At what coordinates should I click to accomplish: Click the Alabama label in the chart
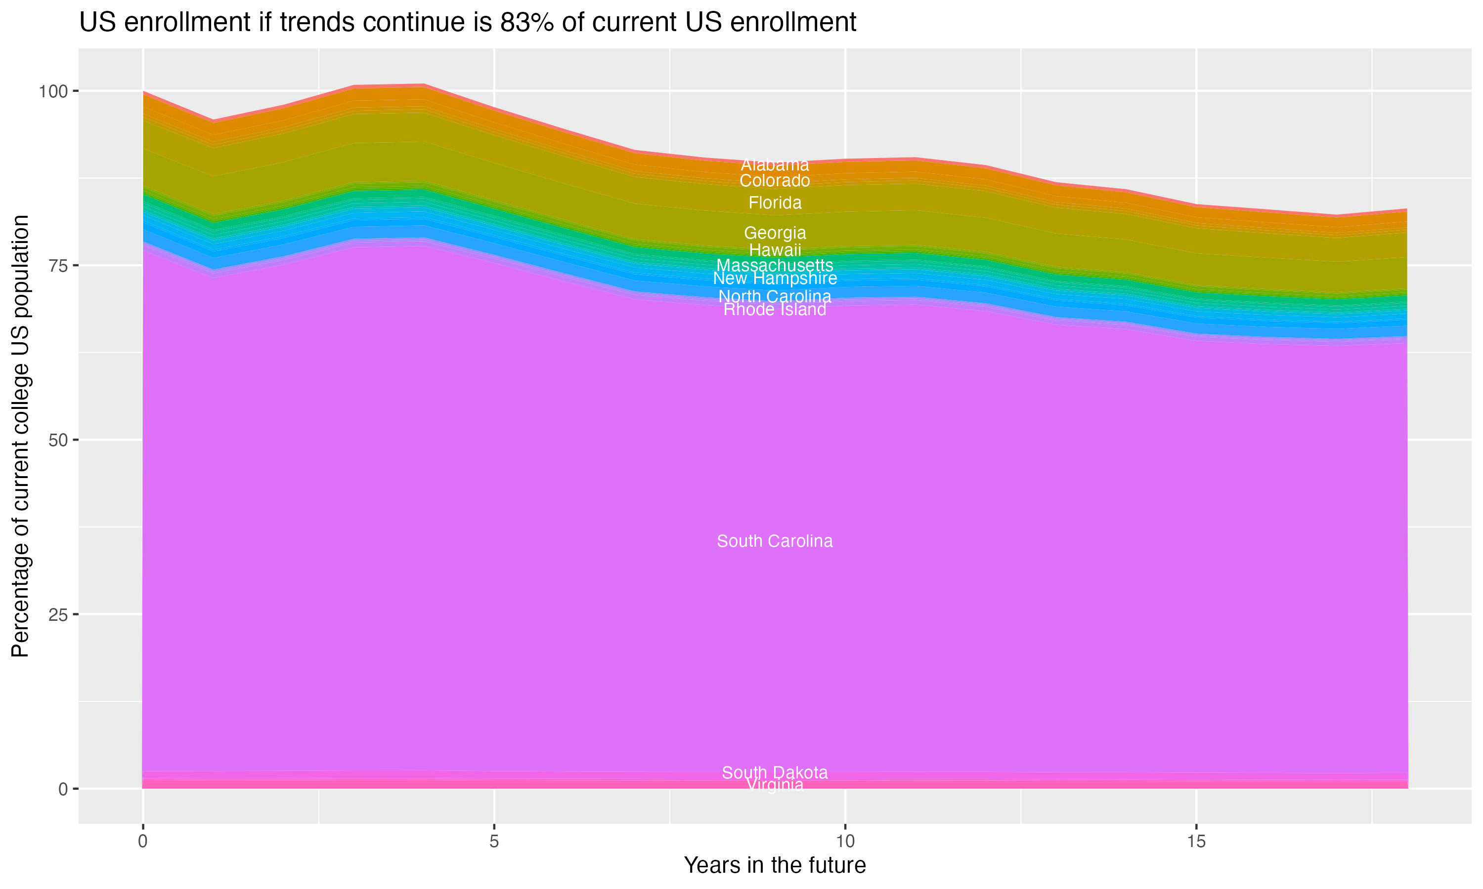[x=775, y=165]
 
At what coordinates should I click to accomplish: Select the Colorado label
[x=775, y=181]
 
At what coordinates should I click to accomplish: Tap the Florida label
[x=775, y=203]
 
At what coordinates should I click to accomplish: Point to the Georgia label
[x=775, y=233]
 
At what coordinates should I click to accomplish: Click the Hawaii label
[x=775, y=250]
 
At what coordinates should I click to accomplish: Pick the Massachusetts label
[x=775, y=265]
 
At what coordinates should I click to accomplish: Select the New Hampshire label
[x=775, y=279]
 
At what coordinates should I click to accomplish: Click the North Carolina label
[x=775, y=296]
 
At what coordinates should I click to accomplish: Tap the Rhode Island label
[x=775, y=310]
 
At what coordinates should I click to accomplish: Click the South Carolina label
[x=775, y=541]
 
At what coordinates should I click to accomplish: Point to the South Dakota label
[x=775, y=773]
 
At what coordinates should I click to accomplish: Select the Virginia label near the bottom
[x=775, y=785]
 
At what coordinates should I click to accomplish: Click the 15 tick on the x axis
[x=1196, y=842]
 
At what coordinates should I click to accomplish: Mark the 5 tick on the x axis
[x=493, y=842]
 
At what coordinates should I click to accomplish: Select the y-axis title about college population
[x=20, y=436]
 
